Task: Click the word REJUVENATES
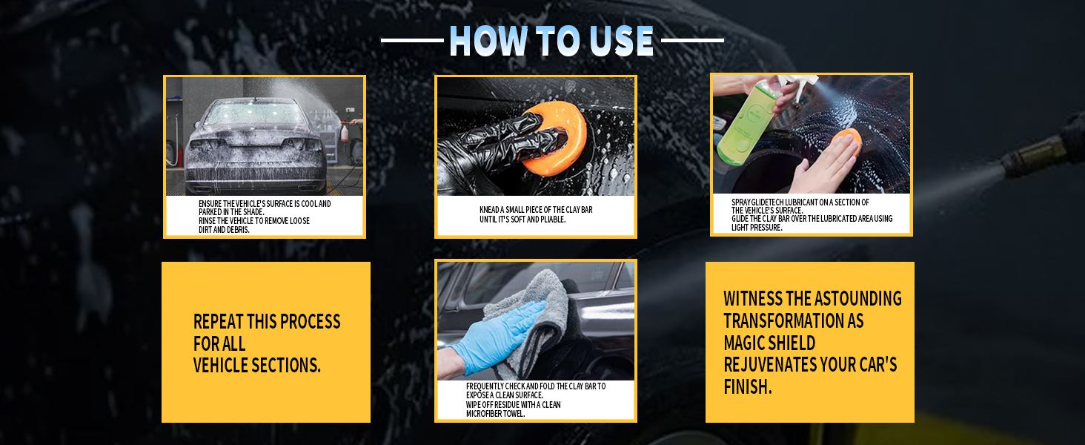(770, 365)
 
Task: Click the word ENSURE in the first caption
(210, 204)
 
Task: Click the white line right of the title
(692, 41)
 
